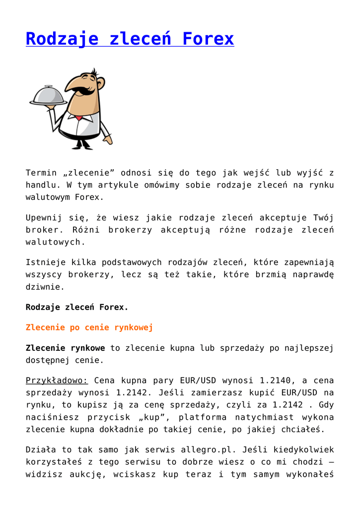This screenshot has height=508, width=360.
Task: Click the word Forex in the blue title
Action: (208, 39)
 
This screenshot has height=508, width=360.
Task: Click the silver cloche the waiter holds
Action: (48, 95)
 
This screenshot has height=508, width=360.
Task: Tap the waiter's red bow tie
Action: (78, 117)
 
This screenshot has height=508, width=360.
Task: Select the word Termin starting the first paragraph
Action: (41, 173)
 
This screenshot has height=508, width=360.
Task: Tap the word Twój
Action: (323, 218)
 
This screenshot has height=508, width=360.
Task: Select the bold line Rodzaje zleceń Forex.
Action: (77, 307)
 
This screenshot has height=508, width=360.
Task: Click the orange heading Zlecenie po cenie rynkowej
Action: (89, 327)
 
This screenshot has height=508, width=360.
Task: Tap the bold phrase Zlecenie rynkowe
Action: (66, 348)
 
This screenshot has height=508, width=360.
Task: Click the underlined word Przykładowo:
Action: (57, 381)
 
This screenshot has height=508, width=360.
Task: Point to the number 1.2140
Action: (276, 381)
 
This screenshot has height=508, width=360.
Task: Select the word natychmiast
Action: (264, 417)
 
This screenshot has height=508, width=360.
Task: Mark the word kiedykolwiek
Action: (302, 450)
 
